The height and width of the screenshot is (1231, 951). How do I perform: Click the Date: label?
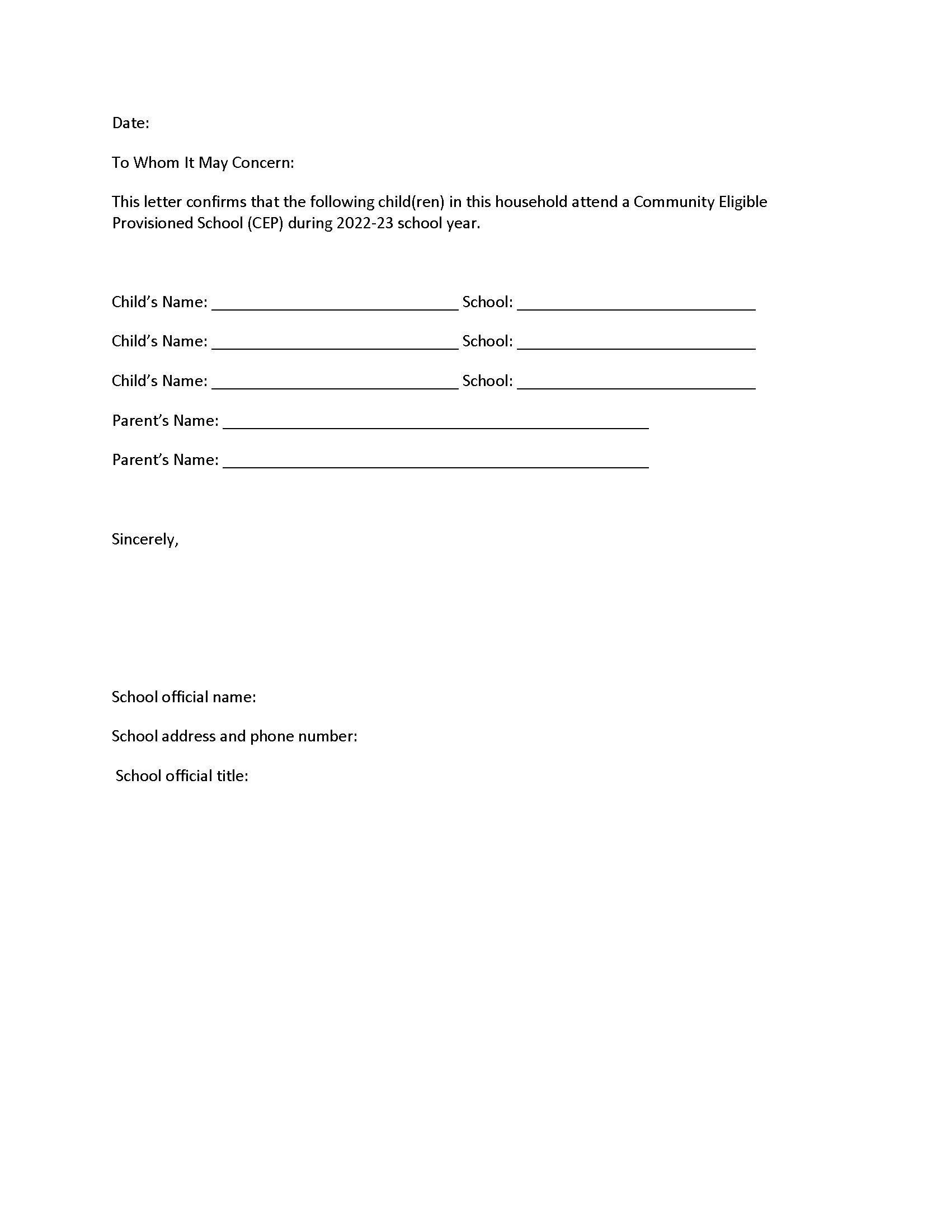click(131, 123)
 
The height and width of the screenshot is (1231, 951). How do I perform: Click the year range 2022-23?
click(365, 223)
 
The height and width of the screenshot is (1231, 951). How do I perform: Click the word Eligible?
click(742, 202)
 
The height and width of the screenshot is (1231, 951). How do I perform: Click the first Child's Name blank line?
click(335, 304)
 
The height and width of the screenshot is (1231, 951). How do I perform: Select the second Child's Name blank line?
click(335, 344)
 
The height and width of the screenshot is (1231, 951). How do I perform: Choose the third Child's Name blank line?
click(335, 383)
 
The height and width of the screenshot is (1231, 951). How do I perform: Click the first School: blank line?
click(636, 304)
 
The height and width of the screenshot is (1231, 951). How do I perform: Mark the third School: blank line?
click(636, 383)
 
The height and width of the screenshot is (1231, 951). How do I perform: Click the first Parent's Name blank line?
click(435, 422)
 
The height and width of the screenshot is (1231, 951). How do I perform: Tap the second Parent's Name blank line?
click(435, 462)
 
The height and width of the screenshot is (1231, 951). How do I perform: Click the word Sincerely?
click(145, 539)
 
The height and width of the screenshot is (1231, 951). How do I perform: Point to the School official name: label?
click(183, 697)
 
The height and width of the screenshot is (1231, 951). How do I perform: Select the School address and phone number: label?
click(234, 736)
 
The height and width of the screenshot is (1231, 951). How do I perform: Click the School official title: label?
click(181, 776)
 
